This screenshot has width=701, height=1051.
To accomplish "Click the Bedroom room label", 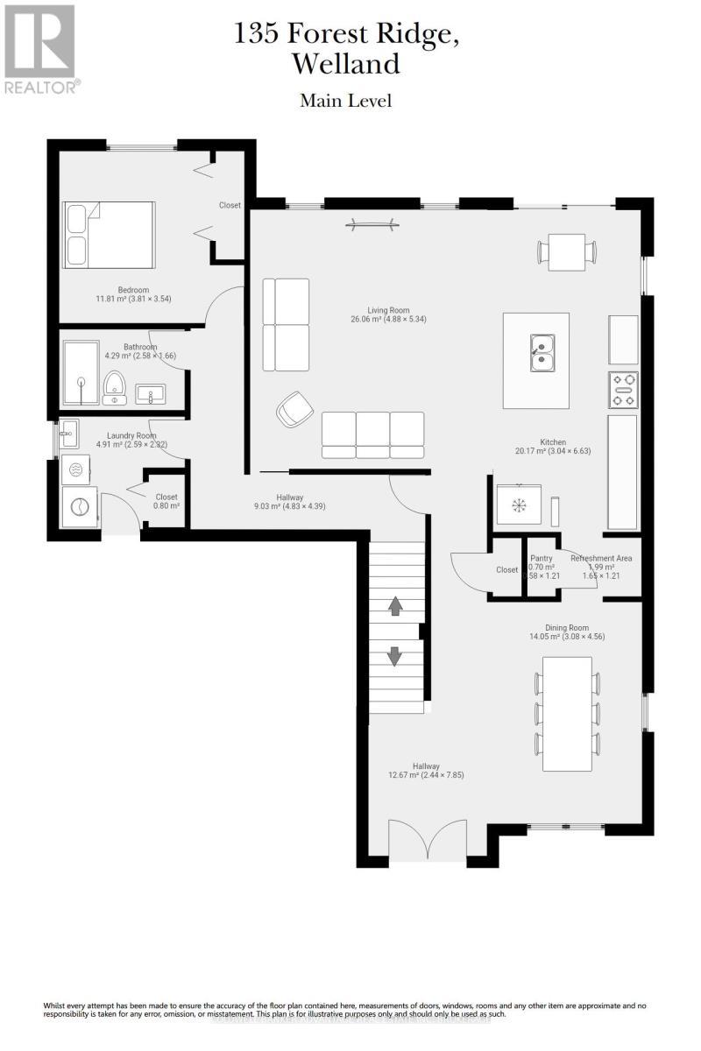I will (134, 290).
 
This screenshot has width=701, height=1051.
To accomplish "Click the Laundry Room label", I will (131, 435).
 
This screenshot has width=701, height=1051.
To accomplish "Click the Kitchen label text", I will (553, 442).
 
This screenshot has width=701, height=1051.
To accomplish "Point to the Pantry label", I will (542, 558).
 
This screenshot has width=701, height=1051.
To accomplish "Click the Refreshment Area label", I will (601, 558).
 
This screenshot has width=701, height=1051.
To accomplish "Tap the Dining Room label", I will (567, 627).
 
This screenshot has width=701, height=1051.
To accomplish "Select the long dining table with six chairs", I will (567, 714).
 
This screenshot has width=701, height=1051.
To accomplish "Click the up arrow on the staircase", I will (394, 605).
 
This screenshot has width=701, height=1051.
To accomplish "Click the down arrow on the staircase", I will (394, 655).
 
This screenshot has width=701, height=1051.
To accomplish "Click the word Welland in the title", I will (345, 64).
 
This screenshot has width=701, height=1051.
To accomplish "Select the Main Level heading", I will (345, 101).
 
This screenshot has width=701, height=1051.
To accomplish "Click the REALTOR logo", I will (40, 48).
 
